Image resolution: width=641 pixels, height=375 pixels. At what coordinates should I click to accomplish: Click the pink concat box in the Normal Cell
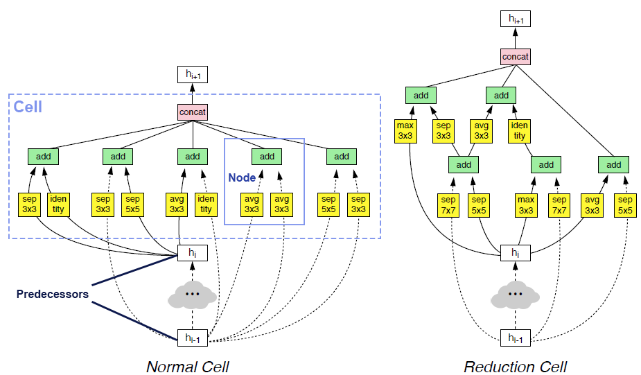[193, 111]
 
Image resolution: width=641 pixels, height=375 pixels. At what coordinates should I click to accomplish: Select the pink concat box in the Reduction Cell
[516, 56]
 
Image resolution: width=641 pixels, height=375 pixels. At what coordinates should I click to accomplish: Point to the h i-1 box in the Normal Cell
[193, 338]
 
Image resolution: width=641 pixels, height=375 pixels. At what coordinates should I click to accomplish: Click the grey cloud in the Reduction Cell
[515, 295]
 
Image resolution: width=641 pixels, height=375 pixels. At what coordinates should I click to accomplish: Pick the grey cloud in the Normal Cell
[193, 295]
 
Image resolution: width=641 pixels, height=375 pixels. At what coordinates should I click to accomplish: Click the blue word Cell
[28, 107]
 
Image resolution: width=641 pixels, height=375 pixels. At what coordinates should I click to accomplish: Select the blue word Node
[242, 177]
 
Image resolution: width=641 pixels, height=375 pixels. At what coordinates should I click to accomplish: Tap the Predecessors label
[52, 294]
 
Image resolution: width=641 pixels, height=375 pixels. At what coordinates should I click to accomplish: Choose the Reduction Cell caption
[515, 366]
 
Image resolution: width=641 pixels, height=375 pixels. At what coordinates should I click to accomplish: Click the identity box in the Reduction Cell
[520, 130]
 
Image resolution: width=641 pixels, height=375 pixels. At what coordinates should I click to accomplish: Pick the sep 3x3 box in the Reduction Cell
[444, 130]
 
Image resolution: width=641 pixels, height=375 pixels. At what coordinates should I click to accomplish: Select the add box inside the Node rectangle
[267, 157]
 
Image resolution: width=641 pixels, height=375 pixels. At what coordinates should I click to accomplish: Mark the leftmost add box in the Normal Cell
[44, 157]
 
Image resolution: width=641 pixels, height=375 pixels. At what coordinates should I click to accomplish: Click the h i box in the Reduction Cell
[515, 254]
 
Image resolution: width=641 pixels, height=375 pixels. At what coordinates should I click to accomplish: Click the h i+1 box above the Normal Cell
[193, 74]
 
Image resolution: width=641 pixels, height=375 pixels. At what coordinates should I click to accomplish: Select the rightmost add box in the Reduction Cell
[613, 165]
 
